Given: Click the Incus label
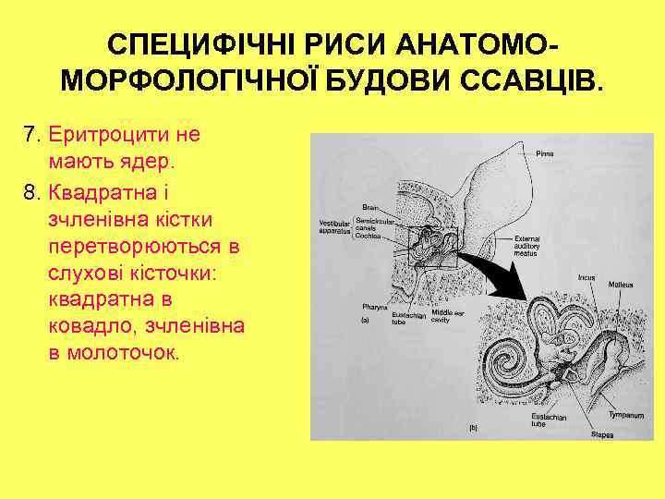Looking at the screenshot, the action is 586,275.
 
